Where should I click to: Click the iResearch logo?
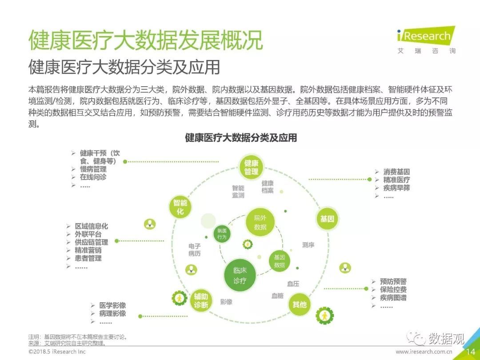click(426, 40)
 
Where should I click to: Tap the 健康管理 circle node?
click(251, 167)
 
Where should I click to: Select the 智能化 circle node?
click(180, 207)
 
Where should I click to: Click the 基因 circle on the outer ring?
click(327, 219)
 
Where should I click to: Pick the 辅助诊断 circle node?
click(201, 300)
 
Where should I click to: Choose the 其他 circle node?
click(300, 304)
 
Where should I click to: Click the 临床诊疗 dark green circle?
click(240, 275)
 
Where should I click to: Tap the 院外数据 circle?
click(260, 222)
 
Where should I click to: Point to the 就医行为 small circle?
click(222, 234)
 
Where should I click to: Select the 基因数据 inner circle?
click(279, 261)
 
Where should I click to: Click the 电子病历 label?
click(195, 249)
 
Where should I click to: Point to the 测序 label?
click(308, 244)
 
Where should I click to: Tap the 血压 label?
click(293, 284)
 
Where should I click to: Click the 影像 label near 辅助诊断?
click(226, 301)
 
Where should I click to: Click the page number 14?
click(471, 352)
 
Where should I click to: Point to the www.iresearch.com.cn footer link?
click(424, 352)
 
